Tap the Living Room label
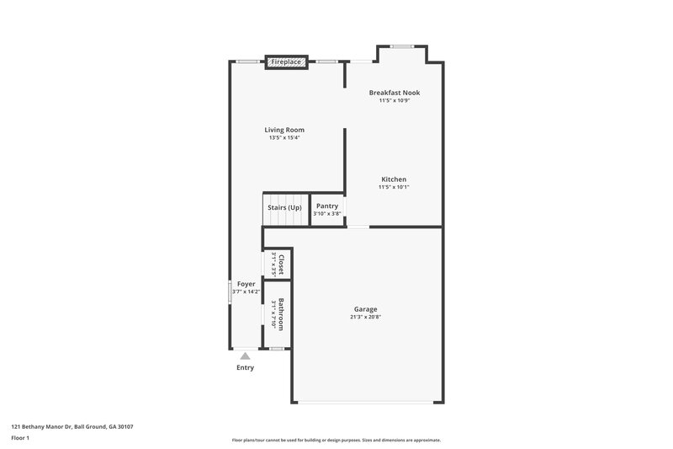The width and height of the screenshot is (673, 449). (x=284, y=130)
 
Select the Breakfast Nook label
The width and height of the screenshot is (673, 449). (x=394, y=93)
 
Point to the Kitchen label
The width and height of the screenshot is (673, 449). (x=394, y=179)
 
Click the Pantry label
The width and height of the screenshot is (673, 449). (x=326, y=206)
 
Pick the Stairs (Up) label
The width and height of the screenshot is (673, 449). (x=284, y=207)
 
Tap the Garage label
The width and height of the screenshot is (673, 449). (x=365, y=309)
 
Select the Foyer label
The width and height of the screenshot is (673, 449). (x=246, y=284)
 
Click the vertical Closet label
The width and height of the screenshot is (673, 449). (x=282, y=265)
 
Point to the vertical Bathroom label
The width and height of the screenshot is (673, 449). (x=282, y=314)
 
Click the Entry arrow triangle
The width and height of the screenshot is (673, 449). (x=245, y=356)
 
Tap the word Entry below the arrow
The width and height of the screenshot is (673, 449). (x=245, y=367)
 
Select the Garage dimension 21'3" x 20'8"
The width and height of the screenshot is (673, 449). (x=365, y=318)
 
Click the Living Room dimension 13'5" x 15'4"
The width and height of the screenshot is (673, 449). (x=284, y=137)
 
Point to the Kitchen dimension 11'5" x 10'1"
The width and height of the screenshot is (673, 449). (x=394, y=187)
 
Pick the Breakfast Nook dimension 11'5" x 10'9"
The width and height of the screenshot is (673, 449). (x=394, y=100)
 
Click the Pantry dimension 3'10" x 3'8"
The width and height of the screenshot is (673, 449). (x=326, y=213)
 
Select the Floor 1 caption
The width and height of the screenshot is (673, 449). (x=21, y=438)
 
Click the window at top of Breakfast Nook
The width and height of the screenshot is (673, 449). (x=401, y=46)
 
